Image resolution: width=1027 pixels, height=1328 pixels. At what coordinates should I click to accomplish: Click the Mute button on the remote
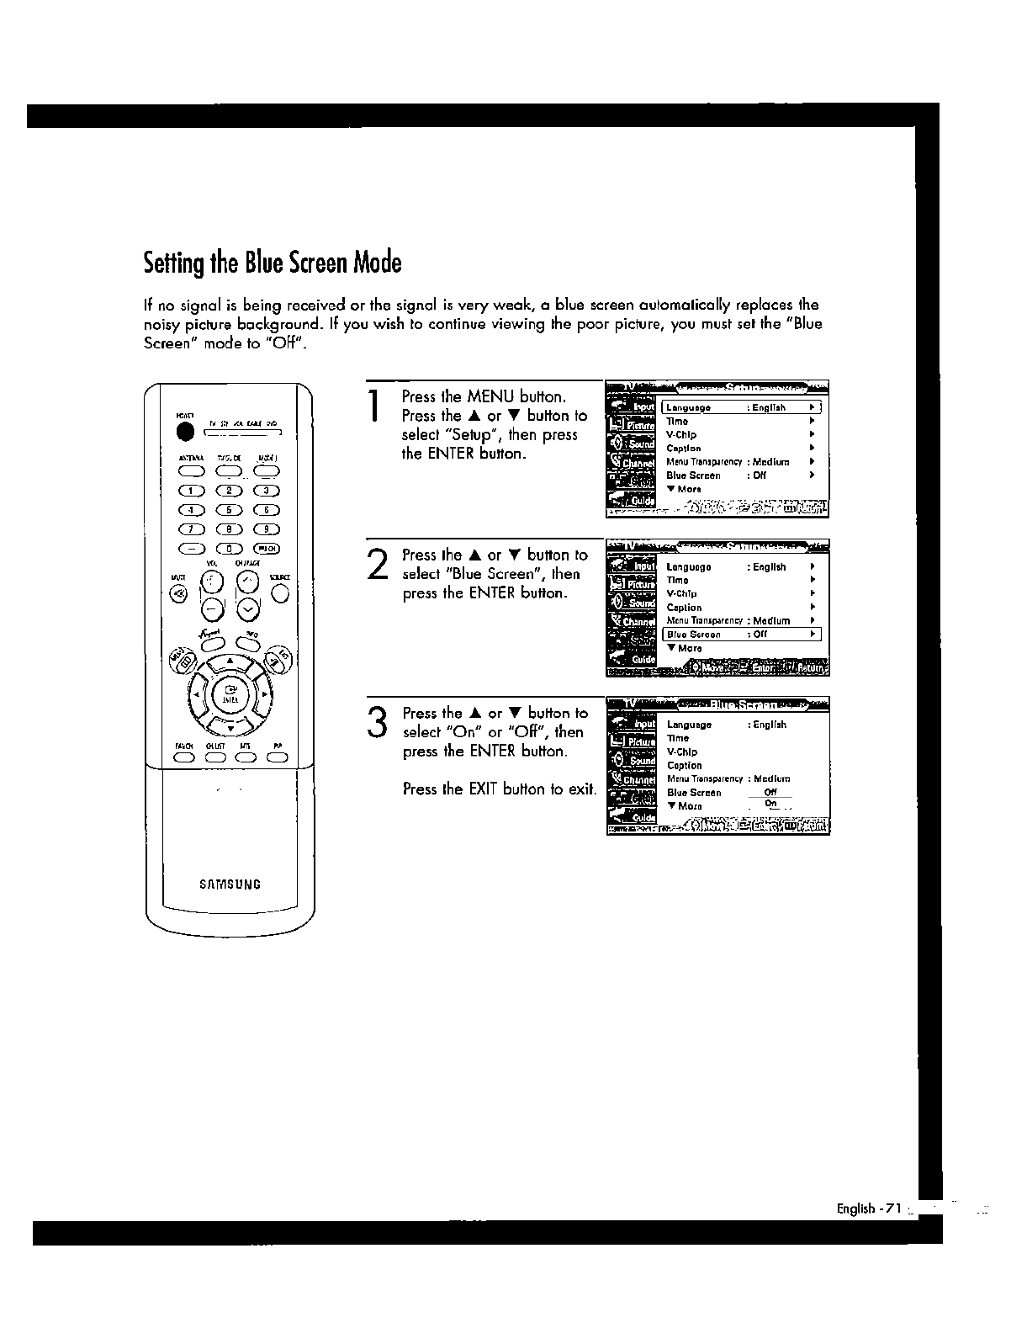(178, 594)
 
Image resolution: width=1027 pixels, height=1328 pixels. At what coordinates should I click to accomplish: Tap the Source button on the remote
(281, 594)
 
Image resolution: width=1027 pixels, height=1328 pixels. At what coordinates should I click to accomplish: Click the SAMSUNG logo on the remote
(230, 884)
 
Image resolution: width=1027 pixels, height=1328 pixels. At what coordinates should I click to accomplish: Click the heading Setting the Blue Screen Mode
(273, 263)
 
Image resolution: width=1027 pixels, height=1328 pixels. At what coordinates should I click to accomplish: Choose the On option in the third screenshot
(770, 805)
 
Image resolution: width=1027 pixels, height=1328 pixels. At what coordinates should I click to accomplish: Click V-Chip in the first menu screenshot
(681, 435)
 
